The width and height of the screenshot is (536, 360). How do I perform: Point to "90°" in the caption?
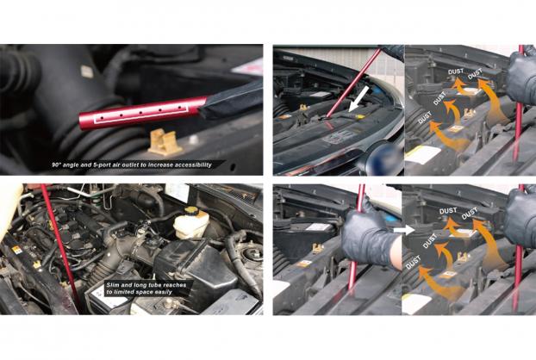(56, 164)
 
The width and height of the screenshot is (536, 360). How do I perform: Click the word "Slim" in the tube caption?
(113, 285)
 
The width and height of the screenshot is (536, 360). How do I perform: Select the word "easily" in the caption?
(164, 292)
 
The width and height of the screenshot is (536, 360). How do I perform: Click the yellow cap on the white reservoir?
(192, 211)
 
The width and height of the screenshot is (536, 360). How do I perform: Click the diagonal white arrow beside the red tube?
(358, 99)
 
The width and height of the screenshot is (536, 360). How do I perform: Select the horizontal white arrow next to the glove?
(403, 230)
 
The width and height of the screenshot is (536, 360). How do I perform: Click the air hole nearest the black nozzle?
(180, 108)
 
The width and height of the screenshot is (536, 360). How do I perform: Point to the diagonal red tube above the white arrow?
(353, 83)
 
